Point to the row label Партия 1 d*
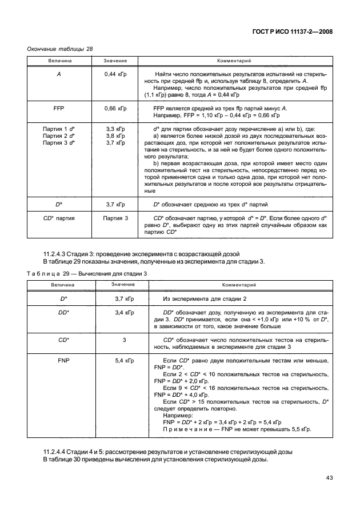[59, 129]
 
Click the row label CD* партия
[59, 218]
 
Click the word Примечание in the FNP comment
[187, 428]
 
